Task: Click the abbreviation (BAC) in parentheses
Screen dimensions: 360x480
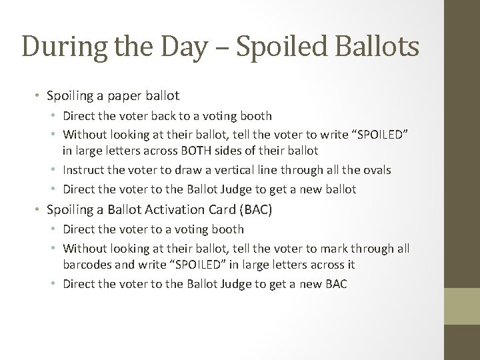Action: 260,209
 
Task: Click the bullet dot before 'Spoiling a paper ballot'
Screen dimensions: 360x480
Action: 39,97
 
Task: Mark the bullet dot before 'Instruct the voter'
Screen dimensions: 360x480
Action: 56,171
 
